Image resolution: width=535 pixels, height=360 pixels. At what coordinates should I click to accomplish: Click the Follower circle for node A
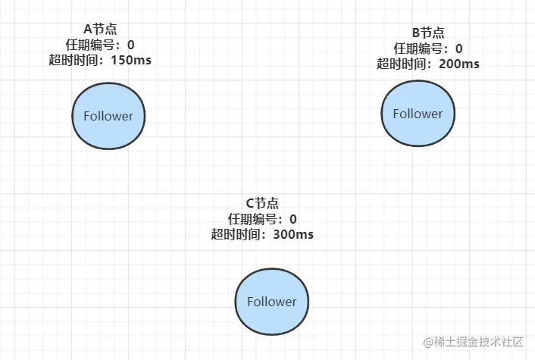coord(108,116)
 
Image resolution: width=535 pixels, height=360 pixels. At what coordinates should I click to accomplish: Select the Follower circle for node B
coord(418,114)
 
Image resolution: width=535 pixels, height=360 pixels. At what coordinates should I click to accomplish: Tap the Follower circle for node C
coord(271,301)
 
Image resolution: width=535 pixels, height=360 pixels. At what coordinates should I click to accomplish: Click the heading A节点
coord(99,29)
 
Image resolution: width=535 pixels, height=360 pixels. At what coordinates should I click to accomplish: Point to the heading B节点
coord(427,33)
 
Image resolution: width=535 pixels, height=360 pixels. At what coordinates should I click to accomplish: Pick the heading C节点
coord(262,203)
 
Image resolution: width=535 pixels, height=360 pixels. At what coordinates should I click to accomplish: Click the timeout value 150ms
coord(131,60)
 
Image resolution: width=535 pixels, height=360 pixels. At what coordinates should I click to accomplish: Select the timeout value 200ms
coord(458,64)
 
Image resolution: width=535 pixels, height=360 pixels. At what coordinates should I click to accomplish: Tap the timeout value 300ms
coord(293,234)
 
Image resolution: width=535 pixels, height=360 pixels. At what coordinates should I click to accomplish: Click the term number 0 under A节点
coord(130,45)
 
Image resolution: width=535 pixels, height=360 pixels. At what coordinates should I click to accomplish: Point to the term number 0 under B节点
coord(458,49)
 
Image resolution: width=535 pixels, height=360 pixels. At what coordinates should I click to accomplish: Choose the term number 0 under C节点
coord(293,219)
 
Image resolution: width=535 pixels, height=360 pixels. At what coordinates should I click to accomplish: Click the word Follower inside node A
coord(108,116)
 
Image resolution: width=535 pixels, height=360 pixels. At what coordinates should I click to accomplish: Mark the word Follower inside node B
coord(418,114)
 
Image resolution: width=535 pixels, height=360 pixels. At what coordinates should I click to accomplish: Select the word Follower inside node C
coord(271,301)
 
